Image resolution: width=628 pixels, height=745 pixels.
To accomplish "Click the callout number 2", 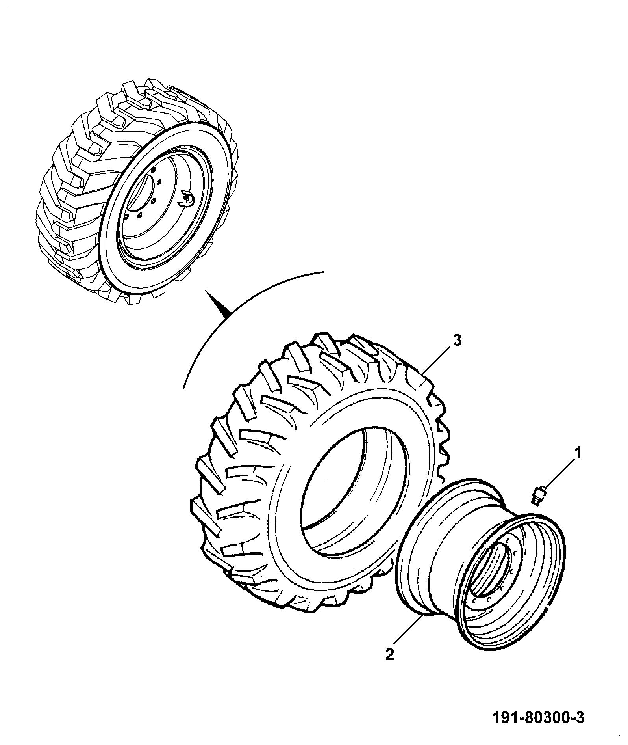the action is click(389, 655).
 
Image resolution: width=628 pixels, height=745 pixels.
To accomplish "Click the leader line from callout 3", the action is click(437, 361).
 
